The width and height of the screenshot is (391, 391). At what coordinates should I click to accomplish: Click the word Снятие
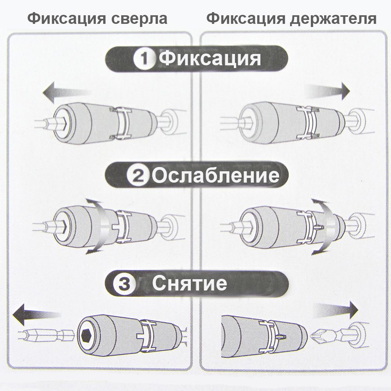[190, 283]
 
